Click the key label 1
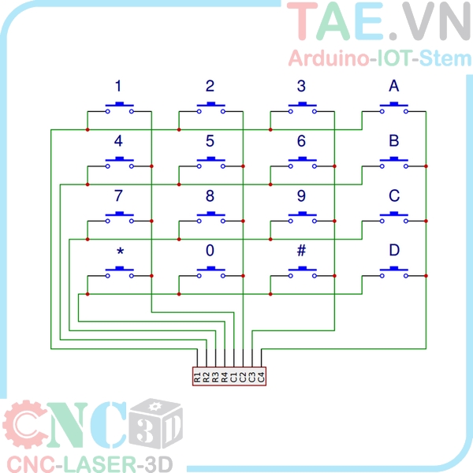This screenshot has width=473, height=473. click(x=118, y=86)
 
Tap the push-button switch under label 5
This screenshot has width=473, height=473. click(x=210, y=162)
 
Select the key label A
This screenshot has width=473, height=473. click(x=393, y=86)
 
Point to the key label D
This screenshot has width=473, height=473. click(x=393, y=251)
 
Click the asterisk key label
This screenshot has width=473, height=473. click(x=119, y=252)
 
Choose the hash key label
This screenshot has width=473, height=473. click(x=301, y=251)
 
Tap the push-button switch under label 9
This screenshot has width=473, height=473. click(x=301, y=218)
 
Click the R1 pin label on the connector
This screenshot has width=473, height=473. click(x=197, y=377)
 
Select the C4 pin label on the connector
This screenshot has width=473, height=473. click(x=262, y=377)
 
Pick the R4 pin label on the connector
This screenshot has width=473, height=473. click(x=225, y=377)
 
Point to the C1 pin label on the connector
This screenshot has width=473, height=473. click(x=234, y=377)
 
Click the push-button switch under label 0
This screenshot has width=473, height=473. click(x=210, y=273)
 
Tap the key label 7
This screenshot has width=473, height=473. click(x=118, y=196)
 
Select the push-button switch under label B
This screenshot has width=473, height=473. click(x=393, y=162)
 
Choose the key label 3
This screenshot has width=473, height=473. click(x=301, y=86)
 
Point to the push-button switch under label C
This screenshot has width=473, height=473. click(x=393, y=218)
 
